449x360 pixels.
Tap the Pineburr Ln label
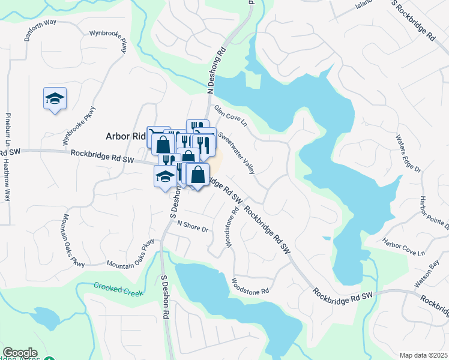click(x=8, y=130)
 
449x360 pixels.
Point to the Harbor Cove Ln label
click(x=403, y=248)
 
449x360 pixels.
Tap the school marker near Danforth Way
click(x=55, y=98)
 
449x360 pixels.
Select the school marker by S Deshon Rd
click(x=164, y=176)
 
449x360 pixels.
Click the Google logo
click(x=20, y=353)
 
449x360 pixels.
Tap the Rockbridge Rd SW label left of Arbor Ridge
click(x=102, y=156)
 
